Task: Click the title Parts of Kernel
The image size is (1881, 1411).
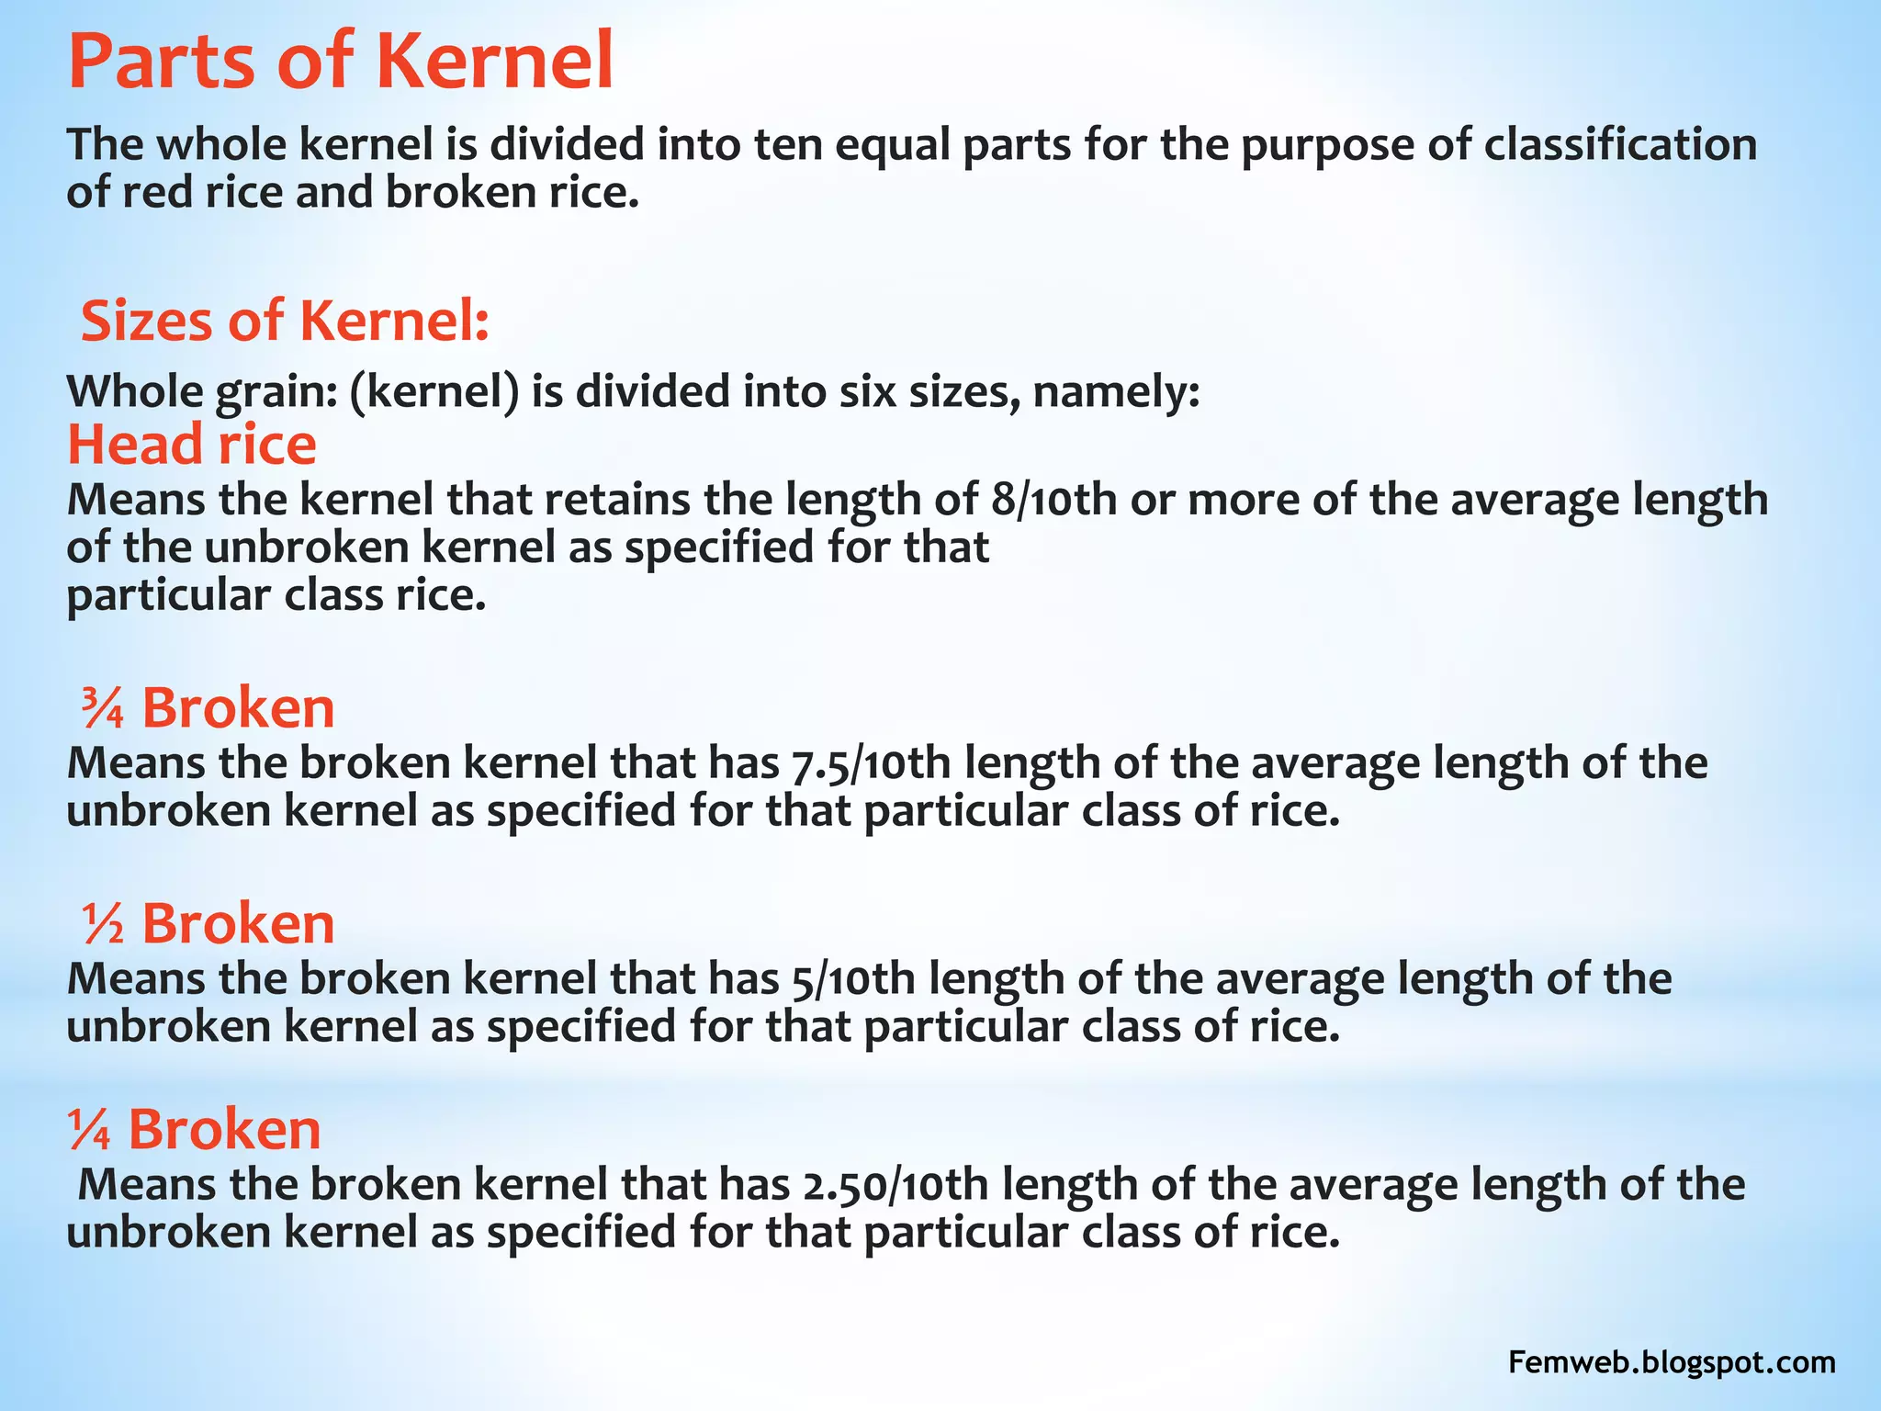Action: tap(341, 62)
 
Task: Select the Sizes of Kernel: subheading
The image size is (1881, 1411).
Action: tap(285, 322)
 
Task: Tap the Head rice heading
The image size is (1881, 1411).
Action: tap(192, 445)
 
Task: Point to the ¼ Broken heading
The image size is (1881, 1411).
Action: tap(195, 1129)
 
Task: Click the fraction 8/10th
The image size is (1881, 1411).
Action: tap(1054, 501)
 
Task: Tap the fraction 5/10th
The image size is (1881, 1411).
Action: tap(852, 979)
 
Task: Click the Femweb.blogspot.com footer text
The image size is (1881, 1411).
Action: tap(1672, 1361)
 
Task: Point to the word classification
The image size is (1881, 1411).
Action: tap(1620, 145)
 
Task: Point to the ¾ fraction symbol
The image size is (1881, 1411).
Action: tap(102, 708)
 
